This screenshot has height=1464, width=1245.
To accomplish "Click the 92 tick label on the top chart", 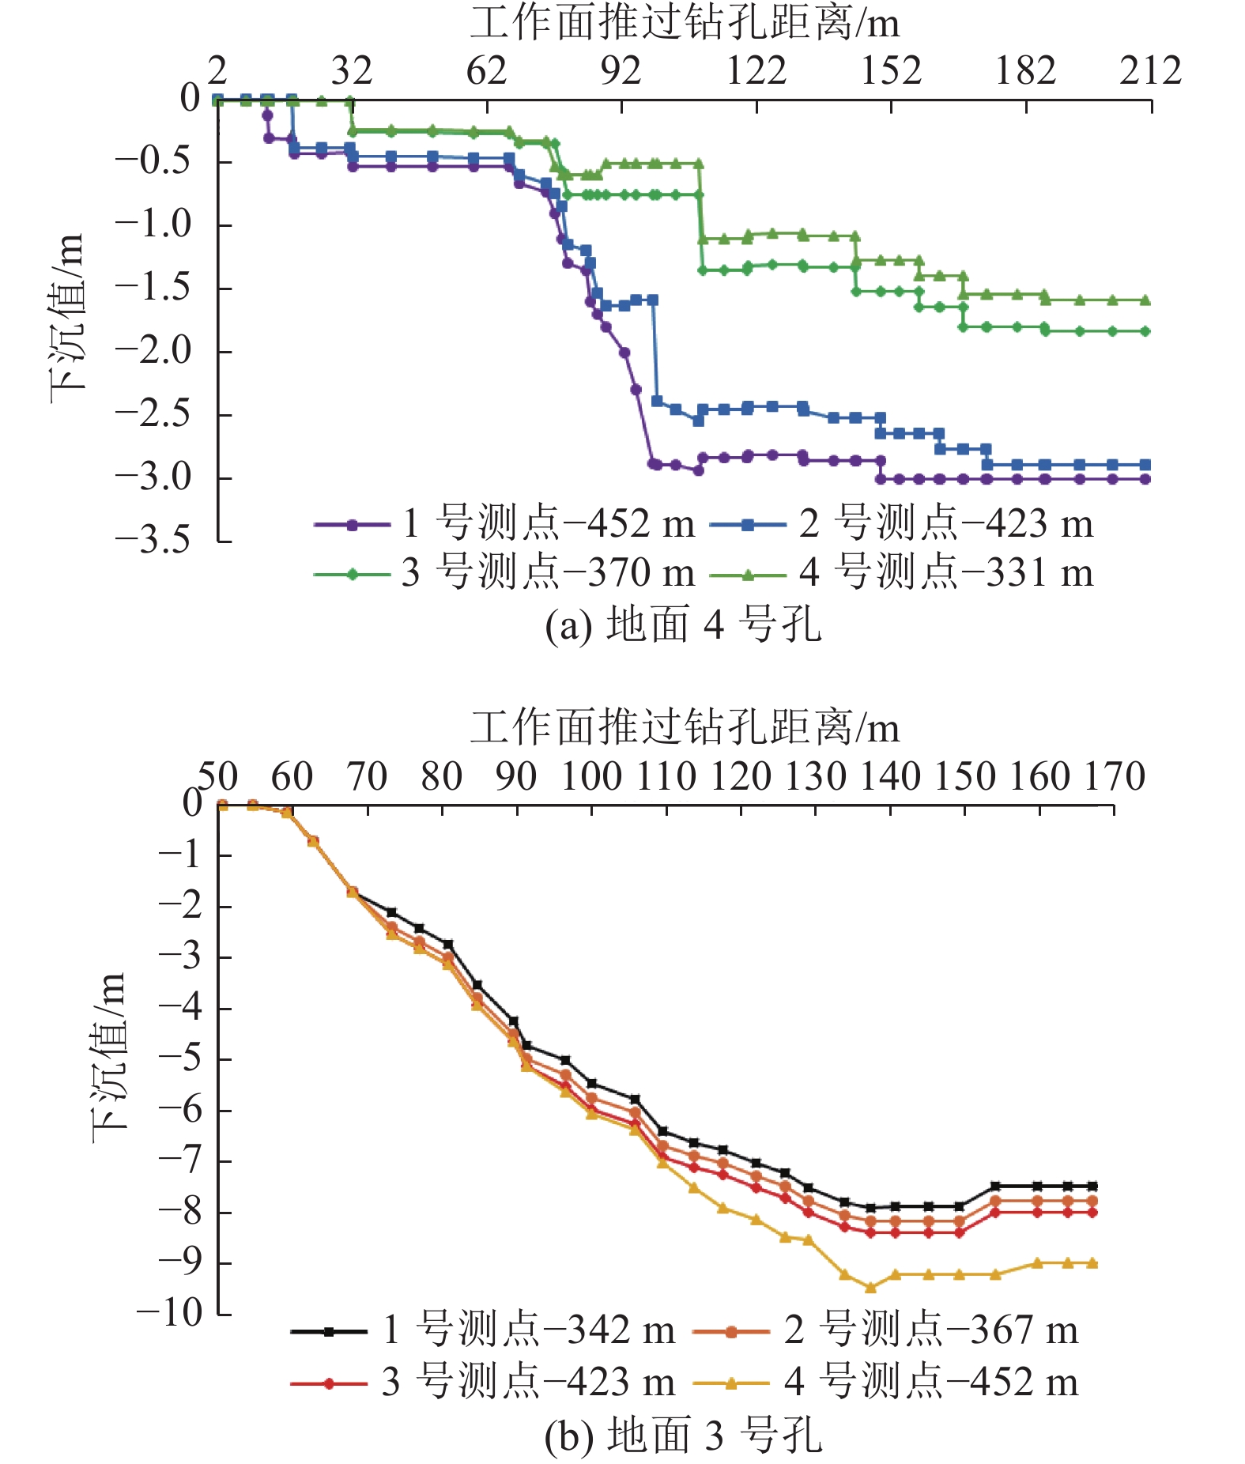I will (621, 71).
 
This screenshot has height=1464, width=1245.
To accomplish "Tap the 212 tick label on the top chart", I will (1150, 71).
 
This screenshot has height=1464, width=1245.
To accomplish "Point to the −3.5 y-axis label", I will (153, 541).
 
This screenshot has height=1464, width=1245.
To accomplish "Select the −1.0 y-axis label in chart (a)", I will (153, 225).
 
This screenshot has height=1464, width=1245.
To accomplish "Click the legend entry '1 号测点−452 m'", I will (504, 523).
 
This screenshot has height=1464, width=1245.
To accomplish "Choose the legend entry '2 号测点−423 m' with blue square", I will (902, 523).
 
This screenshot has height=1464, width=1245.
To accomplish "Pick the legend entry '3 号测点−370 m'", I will (504, 572).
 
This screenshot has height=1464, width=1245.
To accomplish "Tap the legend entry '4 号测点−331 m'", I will (902, 572).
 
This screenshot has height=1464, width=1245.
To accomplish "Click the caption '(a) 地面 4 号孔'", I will (684, 625).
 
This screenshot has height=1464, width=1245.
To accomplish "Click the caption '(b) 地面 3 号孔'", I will (684, 1436).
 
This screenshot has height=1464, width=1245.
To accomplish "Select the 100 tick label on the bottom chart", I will (591, 776).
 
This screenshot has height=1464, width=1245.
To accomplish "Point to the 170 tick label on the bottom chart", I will (1115, 776).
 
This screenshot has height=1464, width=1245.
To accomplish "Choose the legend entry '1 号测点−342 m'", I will (483, 1330).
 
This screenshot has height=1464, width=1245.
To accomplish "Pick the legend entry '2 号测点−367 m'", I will (885, 1330).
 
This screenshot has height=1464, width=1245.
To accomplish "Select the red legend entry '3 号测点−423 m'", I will (483, 1383).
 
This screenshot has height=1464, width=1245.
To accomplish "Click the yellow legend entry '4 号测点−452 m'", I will (885, 1383).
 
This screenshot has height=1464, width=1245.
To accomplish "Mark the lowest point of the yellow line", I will (870, 1288).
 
